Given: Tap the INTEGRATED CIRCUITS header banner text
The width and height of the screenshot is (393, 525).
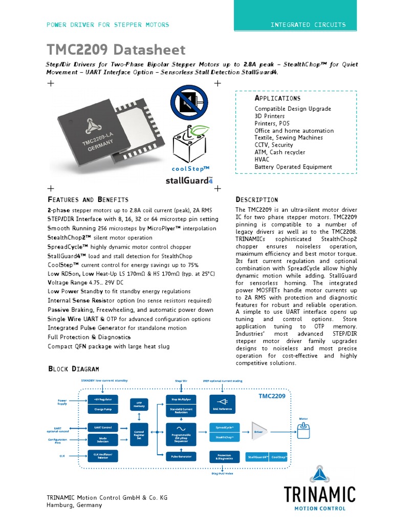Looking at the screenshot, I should click(308, 25).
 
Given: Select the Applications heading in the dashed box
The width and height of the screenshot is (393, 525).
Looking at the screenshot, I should click(277, 98).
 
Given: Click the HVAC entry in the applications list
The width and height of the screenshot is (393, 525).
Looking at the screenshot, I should click(261, 159).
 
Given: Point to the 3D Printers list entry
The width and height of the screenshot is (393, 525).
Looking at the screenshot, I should click(270, 116).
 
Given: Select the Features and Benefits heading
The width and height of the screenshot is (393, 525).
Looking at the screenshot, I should click(88, 199).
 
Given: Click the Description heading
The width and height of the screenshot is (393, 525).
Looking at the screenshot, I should click(256, 199).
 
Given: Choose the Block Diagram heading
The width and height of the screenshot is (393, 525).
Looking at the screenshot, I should click(73, 369).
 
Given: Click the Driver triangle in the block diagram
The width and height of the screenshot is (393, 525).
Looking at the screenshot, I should click(258, 432).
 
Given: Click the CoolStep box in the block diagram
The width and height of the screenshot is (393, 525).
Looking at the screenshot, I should click(279, 456).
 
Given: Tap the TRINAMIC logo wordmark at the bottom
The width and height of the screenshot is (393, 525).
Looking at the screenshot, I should click(320, 495).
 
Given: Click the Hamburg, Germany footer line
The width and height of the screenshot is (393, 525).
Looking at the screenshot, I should click(74, 505).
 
